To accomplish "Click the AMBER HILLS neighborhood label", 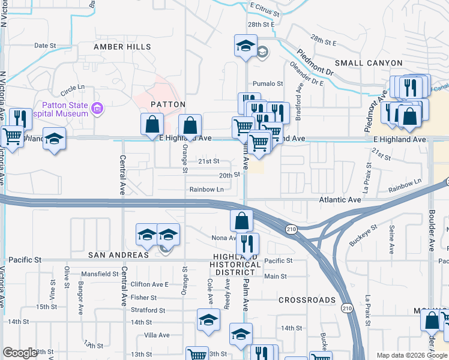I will tap(122, 47).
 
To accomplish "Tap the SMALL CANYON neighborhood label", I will tap(369, 63).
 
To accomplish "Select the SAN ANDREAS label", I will tap(118, 255).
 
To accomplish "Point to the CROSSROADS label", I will tap(307, 300).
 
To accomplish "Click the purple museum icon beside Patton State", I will tap(98, 109).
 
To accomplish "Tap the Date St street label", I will tap(45, 45).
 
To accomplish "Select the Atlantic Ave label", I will tap(341, 200).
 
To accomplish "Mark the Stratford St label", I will tap(148, 310).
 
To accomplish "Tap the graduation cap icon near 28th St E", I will tap(246, 45).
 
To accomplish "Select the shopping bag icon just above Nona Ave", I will tap(241, 220).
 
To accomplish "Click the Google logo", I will tap(20, 353).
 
